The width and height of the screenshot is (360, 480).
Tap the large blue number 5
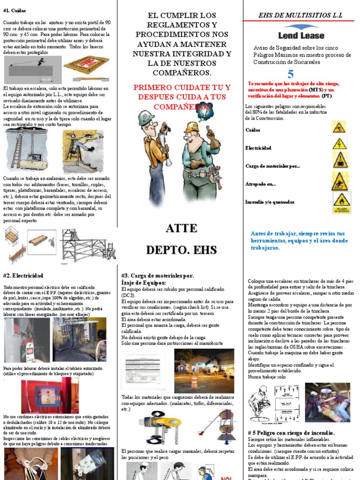[x=291, y=74]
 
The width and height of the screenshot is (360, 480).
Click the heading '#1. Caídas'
[x=15, y=10]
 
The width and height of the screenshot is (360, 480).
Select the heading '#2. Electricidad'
[x=23, y=276]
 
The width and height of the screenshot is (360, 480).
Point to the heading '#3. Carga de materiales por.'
[x=157, y=276]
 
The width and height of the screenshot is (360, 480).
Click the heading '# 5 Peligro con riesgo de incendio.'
[x=291, y=432]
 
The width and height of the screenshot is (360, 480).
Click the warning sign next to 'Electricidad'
[x=339, y=143]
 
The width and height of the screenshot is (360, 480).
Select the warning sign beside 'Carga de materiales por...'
[x=339, y=160]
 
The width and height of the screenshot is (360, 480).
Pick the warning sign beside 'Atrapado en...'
[x=339, y=181]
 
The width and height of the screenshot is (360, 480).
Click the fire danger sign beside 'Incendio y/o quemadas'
[x=342, y=202]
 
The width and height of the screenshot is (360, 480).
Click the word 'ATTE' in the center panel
[x=181, y=229]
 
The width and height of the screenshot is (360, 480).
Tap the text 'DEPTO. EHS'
[x=181, y=250]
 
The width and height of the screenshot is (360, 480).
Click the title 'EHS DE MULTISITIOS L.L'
[x=300, y=15]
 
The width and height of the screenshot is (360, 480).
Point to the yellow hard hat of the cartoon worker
[x=192, y=127]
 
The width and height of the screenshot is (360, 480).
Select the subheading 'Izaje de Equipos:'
[x=143, y=283]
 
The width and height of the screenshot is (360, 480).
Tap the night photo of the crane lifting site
[x=204, y=370]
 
